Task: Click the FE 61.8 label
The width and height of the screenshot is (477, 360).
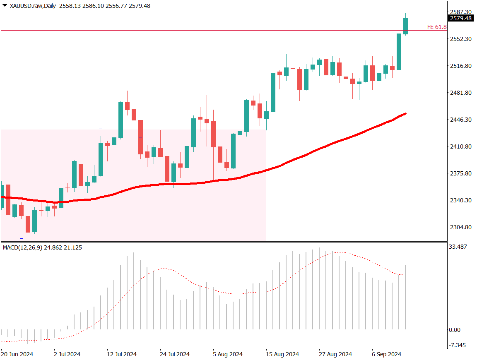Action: tap(437, 27)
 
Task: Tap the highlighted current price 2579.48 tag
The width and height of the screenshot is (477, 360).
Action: tap(461, 18)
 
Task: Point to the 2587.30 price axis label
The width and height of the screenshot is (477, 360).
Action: tap(461, 12)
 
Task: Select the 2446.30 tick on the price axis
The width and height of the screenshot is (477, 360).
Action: tap(461, 120)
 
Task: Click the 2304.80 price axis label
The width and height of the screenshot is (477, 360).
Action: tap(461, 227)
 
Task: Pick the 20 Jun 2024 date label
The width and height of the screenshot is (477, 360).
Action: tap(17, 354)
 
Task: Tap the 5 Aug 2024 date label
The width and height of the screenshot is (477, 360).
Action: tap(227, 354)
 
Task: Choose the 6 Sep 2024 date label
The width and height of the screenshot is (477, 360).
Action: tap(387, 354)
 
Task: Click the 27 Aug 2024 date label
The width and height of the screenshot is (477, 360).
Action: tap(335, 354)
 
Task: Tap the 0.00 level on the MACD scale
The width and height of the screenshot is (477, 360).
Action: tap(455, 330)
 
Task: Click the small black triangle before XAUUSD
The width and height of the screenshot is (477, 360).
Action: tap(5, 6)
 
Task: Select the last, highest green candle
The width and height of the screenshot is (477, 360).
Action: tap(405, 26)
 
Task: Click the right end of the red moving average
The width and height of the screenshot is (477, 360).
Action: tap(405, 113)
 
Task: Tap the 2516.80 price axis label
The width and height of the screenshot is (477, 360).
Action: tap(461, 66)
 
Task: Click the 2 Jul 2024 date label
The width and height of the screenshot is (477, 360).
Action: tap(67, 354)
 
